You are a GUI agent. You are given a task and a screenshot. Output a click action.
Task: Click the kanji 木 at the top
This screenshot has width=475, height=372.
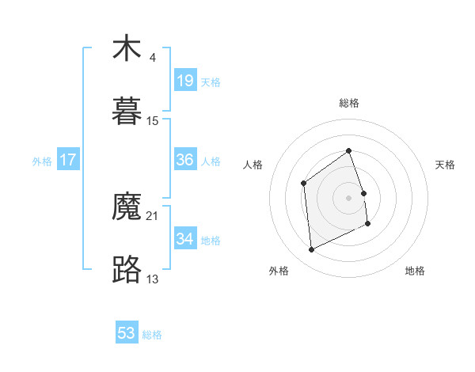pyautogui.click(x=127, y=49)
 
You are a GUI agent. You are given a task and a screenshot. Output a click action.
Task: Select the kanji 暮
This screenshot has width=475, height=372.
pyautogui.click(x=127, y=112)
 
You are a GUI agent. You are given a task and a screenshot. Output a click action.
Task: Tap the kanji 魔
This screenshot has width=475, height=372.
pyautogui.click(x=127, y=207)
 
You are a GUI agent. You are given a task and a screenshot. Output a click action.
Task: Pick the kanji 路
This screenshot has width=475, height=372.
pyautogui.click(x=127, y=269)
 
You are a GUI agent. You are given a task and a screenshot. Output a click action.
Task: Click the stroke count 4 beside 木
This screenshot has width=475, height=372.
pyautogui.click(x=152, y=58)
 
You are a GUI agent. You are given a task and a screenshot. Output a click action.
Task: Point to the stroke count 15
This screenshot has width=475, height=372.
pyautogui.click(x=153, y=120)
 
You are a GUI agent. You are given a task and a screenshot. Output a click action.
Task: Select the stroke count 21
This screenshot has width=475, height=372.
pyautogui.click(x=153, y=215)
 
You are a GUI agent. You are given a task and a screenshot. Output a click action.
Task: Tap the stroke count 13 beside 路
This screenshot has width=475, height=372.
pyautogui.click(x=153, y=279)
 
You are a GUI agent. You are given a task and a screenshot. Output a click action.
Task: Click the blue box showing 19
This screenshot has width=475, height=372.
pyautogui.click(x=185, y=81)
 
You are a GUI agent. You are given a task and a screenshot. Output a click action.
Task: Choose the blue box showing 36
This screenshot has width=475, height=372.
pyautogui.click(x=185, y=160)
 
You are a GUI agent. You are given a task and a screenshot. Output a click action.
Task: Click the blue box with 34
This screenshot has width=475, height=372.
pyautogui.click(x=185, y=239)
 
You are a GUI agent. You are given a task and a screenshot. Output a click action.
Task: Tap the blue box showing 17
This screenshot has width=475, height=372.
pyautogui.click(x=68, y=160)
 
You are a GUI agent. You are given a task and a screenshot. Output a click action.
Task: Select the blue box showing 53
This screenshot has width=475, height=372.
pyautogui.click(x=127, y=333)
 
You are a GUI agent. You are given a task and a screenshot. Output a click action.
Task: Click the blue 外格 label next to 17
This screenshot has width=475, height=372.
pyautogui.click(x=42, y=161)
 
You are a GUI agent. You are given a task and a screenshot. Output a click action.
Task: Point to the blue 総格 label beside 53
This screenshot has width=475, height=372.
pyautogui.click(x=152, y=335)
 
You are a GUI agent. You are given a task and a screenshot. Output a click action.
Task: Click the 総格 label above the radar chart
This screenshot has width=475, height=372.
pyautogui.click(x=349, y=103)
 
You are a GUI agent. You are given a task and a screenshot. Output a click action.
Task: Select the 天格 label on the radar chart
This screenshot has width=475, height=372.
pyautogui.click(x=446, y=165)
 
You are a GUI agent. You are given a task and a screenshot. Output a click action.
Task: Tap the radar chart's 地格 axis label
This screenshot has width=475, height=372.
pyautogui.click(x=415, y=271)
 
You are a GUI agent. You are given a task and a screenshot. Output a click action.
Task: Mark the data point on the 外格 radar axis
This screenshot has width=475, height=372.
pyautogui.click(x=311, y=250)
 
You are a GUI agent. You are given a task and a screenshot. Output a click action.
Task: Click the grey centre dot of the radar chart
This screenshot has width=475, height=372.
pyautogui.click(x=349, y=197)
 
